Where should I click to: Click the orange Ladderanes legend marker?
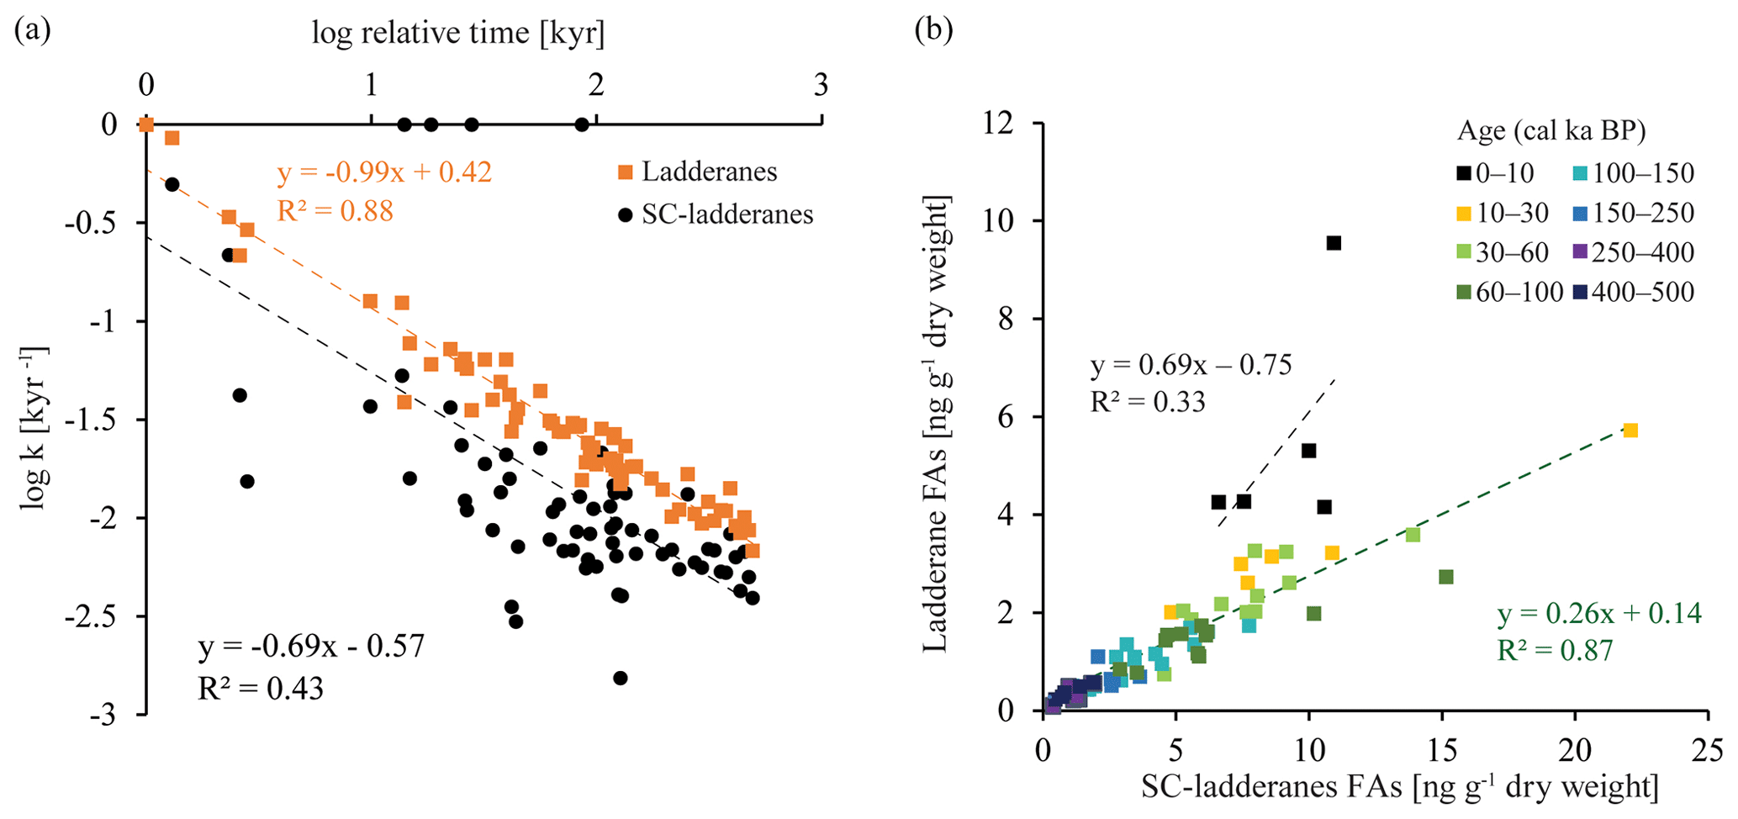625,172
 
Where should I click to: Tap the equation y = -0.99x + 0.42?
384,172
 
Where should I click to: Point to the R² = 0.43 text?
261,689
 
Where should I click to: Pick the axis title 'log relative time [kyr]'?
458,33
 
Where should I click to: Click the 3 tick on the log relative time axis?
821,85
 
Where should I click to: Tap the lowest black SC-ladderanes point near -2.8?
621,678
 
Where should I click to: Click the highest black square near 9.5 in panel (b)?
1334,243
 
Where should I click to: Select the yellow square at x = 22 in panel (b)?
1630,431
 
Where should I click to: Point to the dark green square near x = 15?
1446,577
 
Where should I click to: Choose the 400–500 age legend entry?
1632,293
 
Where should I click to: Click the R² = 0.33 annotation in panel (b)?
1148,402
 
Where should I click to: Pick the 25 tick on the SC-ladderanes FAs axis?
1707,749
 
